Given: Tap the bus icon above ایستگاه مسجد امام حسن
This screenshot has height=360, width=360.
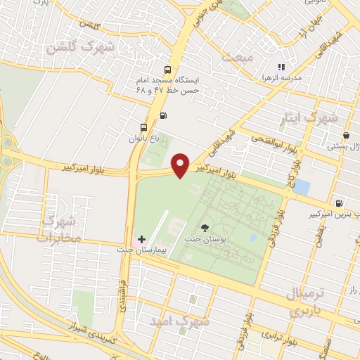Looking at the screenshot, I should (167, 70).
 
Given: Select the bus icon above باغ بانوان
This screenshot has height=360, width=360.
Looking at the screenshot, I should (144, 128).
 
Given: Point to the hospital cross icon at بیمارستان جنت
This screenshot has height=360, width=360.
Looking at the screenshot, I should (142, 240).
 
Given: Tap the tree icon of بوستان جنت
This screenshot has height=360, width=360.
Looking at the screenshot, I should (204, 227).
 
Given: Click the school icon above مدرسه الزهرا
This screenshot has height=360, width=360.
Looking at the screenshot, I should (281, 67).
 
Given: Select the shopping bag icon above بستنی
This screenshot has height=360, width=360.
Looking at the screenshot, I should (345, 136).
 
